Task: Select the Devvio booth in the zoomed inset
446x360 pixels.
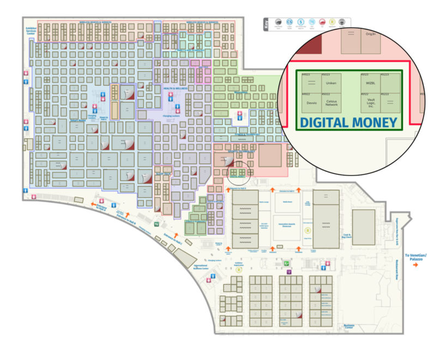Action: tap(312, 102)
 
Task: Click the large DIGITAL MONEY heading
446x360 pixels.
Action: tap(349, 123)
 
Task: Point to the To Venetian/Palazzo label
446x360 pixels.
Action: tap(416, 256)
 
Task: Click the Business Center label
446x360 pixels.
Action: tap(349, 326)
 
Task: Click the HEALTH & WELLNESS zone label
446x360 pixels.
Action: tap(176, 88)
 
